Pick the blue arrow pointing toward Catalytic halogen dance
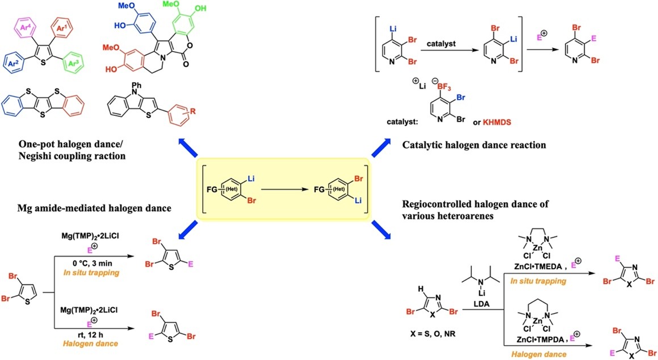(x=381, y=149)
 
